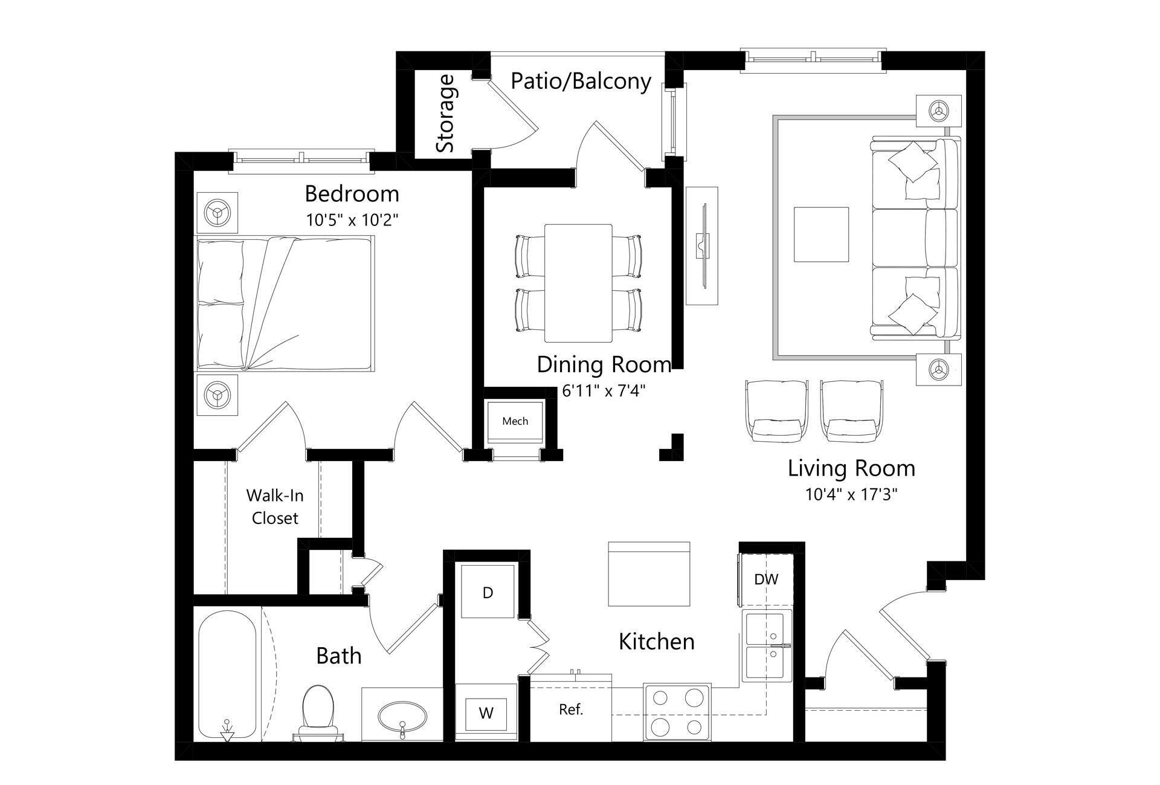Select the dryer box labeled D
click(488, 592)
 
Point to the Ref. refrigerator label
click(570, 709)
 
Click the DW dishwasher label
click(766, 579)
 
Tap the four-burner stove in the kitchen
click(677, 712)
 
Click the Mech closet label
click(515, 421)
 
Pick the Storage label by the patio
click(446, 114)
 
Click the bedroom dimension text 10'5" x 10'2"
click(352, 219)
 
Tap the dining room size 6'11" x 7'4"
click(604, 390)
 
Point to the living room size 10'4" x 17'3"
click(851, 495)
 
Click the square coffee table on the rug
click(820, 234)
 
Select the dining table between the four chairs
click(578, 283)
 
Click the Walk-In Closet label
click(275, 506)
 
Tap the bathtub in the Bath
click(228, 674)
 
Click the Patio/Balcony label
click(581, 81)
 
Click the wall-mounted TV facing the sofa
click(702, 246)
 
